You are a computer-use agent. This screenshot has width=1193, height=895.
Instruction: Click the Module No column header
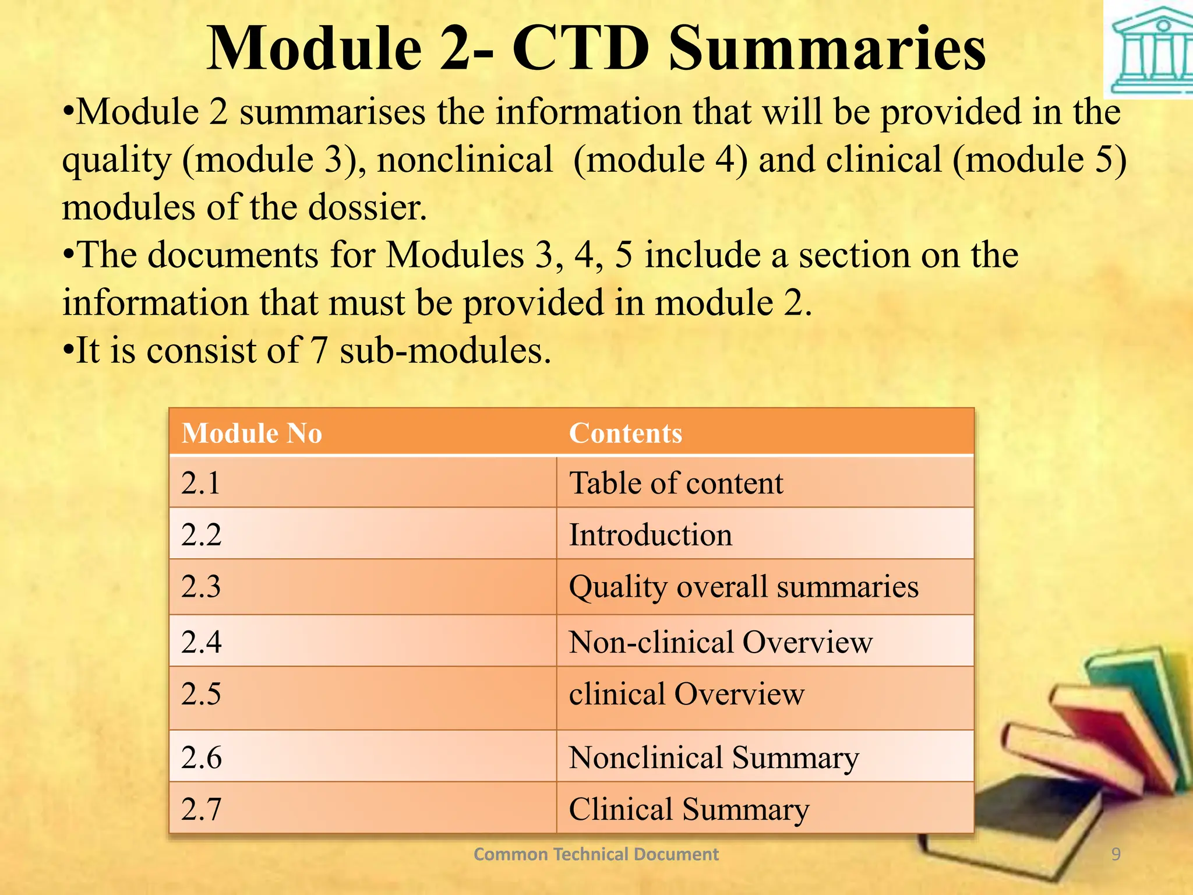pos(252,434)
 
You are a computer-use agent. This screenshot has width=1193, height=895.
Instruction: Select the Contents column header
pos(625,434)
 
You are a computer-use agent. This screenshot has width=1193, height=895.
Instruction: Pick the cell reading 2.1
pos(201,483)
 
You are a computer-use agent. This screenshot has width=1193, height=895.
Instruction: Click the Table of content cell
pos(676,483)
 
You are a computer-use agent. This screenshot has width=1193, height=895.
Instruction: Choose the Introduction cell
pos(650,535)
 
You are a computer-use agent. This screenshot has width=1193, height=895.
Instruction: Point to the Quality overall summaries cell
pos(743,587)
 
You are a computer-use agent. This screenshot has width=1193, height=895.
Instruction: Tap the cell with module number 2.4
pos(201,642)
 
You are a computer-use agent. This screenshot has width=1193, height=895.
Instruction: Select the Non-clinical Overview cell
pos(720,642)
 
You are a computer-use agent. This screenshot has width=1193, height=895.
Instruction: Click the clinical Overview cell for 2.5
pos(686,694)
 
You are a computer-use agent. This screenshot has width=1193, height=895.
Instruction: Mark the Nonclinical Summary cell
pos(714,757)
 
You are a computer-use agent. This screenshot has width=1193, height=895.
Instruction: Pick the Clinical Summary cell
pos(689,809)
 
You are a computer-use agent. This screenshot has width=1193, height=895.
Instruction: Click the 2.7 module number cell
pos(201,809)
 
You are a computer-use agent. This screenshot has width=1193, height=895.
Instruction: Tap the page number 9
pos(1116,854)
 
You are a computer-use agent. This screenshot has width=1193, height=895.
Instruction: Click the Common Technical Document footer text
pos(595,854)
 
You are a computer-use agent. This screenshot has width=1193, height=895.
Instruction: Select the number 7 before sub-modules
pos(319,351)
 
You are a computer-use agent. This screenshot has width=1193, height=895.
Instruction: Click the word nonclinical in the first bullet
pos(465,160)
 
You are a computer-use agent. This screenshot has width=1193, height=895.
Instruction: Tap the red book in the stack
pos(1101,734)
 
